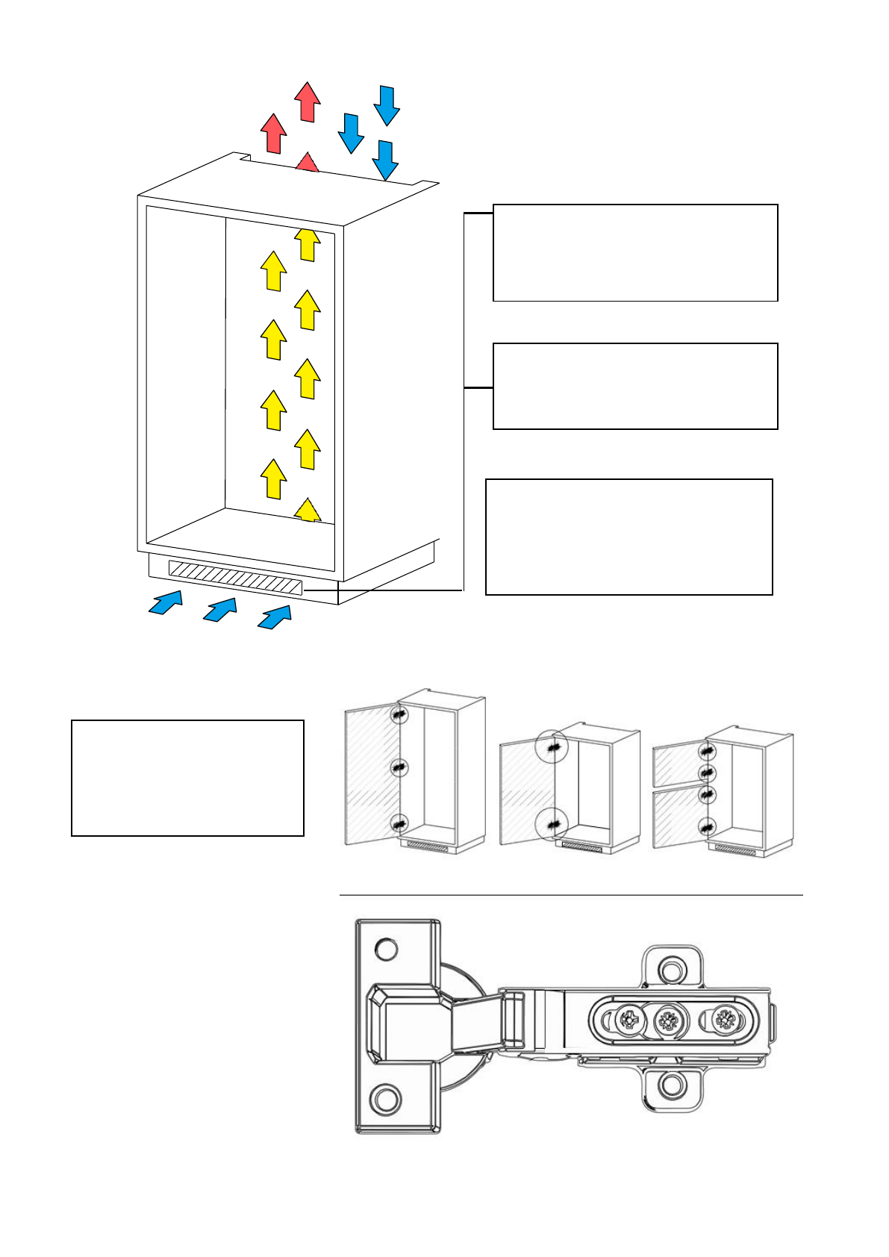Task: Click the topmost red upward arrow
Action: click(x=307, y=102)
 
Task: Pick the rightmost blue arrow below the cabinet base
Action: click(x=275, y=617)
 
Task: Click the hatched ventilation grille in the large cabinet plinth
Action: click(x=235, y=578)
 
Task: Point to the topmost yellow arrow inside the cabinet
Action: click(x=307, y=244)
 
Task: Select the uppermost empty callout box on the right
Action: click(x=635, y=252)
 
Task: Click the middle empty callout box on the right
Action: click(x=635, y=386)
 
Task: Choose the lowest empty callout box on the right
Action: click(x=628, y=537)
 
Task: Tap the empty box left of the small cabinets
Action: click(x=187, y=778)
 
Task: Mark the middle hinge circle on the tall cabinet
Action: click(x=400, y=767)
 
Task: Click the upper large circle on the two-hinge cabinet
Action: click(x=552, y=746)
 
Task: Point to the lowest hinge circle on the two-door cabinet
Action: click(x=706, y=826)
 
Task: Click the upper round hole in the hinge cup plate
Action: click(x=387, y=949)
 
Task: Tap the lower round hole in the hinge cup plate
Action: click(x=387, y=1099)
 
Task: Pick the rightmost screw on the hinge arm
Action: click(x=724, y=1019)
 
